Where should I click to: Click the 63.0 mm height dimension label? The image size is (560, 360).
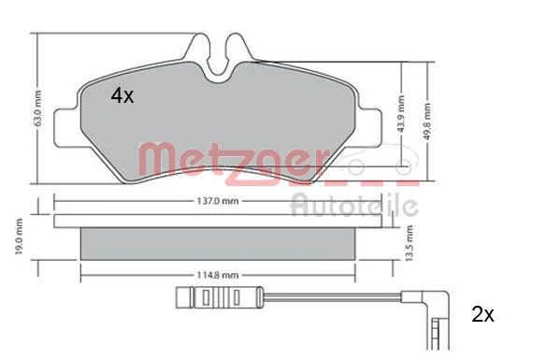[37, 108]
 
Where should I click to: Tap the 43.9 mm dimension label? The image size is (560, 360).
[401, 114]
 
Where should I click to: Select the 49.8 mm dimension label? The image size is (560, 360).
[427, 122]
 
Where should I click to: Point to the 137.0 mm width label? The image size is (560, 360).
[218, 201]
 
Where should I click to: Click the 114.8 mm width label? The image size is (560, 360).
[218, 275]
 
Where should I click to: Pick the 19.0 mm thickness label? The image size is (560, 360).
[19, 237]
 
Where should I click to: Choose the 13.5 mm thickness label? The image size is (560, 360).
[409, 243]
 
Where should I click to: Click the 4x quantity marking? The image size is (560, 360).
[122, 95]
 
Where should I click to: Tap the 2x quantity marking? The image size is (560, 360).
[482, 314]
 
